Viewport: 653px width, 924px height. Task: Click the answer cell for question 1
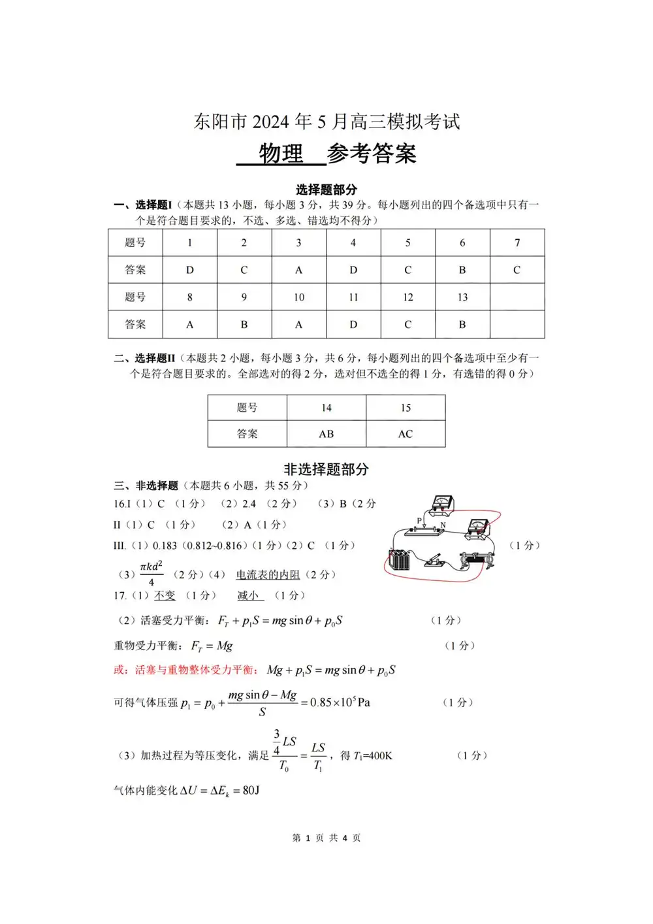coord(190,270)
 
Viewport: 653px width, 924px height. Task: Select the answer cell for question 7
coord(517,270)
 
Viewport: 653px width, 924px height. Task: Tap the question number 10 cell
coord(298,297)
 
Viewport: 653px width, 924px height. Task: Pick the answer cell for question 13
coord(462,324)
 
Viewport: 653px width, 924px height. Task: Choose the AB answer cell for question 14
coord(326,434)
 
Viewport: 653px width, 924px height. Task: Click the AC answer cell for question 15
coord(406,434)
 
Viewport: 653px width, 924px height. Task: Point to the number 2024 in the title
coord(271,122)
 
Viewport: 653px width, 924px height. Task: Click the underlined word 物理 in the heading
coord(281,154)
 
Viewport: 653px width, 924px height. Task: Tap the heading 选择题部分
coord(326,190)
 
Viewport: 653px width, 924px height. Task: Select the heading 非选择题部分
coord(326,469)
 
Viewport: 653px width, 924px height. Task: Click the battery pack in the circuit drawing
coord(399,559)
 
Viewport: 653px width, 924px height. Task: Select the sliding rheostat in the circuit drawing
coord(478,560)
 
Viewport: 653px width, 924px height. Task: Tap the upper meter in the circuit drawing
coord(443,503)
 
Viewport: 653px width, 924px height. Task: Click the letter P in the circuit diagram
coord(419,521)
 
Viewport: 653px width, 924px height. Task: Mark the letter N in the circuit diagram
coord(443,525)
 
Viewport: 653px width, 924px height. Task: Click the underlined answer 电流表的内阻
coord(268,575)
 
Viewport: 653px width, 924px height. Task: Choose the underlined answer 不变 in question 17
coord(165,595)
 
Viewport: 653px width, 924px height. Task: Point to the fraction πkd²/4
coord(151,573)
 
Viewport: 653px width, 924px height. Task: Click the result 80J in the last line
coord(251,791)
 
